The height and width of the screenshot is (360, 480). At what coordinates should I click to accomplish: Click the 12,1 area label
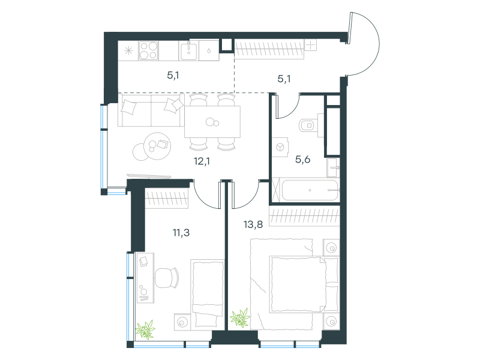tap(202, 161)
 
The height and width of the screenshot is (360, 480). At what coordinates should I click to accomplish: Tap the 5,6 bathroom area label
tap(303, 159)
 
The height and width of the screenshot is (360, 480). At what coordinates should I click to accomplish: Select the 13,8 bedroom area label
tap(253, 224)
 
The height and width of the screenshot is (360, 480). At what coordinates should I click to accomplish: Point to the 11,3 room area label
tap(181, 233)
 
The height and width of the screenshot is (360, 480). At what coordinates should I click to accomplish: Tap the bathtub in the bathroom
tap(310, 190)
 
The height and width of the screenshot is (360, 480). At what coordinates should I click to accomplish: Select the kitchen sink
tap(188, 51)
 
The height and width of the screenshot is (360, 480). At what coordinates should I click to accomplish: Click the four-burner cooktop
tap(148, 50)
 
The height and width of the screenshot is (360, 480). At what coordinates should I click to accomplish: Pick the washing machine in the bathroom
tap(280, 147)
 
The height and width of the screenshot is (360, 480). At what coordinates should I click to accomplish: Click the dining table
tap(212, 122)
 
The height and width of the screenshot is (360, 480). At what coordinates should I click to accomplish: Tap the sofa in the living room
tap(151, 110)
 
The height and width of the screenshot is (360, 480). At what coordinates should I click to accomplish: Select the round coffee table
tap(157, 146)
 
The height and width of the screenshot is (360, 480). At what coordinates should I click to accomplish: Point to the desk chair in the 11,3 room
tap(167, 278)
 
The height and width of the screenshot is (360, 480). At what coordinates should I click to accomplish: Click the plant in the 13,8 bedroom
tap(241, 318)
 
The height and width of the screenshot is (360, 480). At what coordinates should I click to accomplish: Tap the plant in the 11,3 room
tap(145, 329)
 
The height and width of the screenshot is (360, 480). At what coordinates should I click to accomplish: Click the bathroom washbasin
tap(333, 167)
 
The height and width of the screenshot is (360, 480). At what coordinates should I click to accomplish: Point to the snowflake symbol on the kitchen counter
tap(128, 50)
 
